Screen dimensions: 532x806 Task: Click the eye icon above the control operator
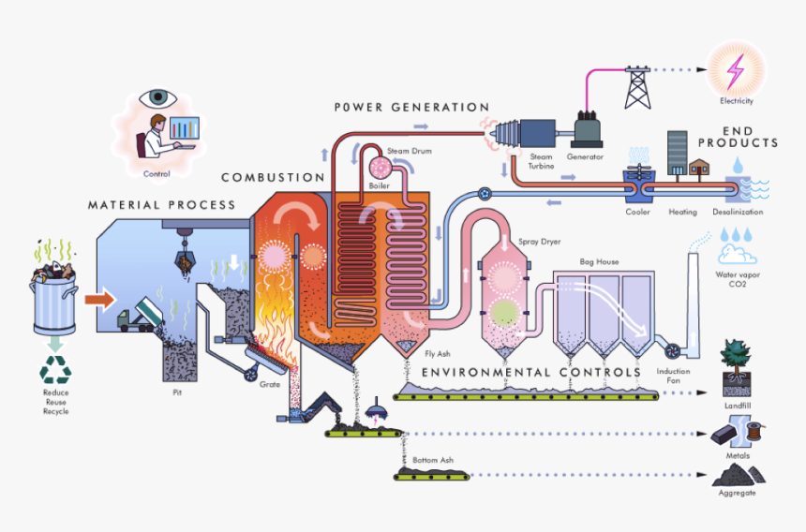(157, 97)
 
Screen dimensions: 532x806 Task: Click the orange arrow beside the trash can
(98, 301)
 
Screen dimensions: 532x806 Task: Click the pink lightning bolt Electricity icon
(736, 70)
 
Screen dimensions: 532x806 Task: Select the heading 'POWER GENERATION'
(411, 108)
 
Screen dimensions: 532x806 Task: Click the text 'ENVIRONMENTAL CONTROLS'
(531, 372)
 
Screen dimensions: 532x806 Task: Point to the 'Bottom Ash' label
(432, 461)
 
